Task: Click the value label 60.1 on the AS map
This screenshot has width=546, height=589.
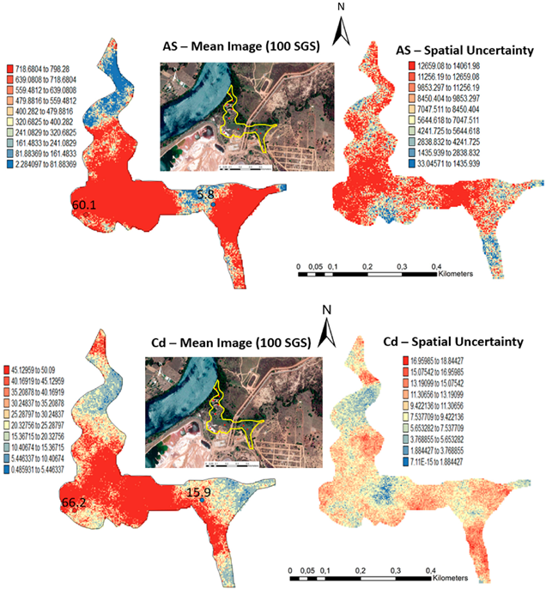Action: (x=84, y=205)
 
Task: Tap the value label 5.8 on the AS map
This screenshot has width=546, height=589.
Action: (x=205, y=196)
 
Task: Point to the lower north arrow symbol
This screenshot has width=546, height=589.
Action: (x=326, y=325)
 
